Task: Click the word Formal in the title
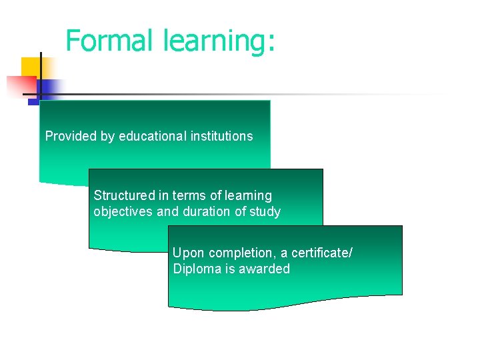coord(111,41)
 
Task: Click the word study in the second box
coord(265,213)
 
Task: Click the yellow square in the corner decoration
coord(30,67)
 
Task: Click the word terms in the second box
coord(187,195)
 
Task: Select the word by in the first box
coord(107,137)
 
